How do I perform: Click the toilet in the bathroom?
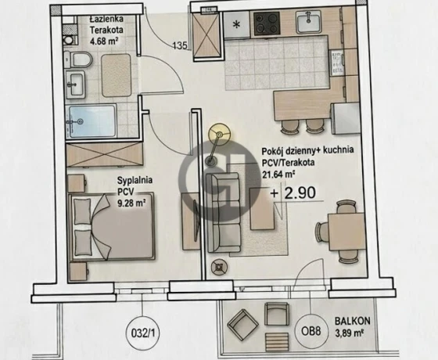(x=79, y=59)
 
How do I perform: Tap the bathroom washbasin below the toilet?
(x=75, y=84)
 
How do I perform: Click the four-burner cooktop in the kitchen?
(x=267, y=23)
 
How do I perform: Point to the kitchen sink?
(x=308, y=22)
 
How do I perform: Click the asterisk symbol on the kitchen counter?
(x=236, y=25)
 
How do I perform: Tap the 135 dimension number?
(x=180, y=45)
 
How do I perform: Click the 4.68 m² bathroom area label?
(x=104, y=41)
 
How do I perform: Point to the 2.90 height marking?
(x=300, y=193)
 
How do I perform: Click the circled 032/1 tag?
(x=142, y=333)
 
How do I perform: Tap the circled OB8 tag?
(x=311, y=332)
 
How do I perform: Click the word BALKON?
(x=353, y=321)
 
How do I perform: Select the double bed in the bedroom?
(x=112, y=226)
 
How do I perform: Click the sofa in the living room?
(x=223, y=212)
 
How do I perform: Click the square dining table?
(x=346, y=231)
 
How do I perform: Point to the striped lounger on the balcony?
(x=277, y=341)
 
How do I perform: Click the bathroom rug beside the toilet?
(x=117, y=75)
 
